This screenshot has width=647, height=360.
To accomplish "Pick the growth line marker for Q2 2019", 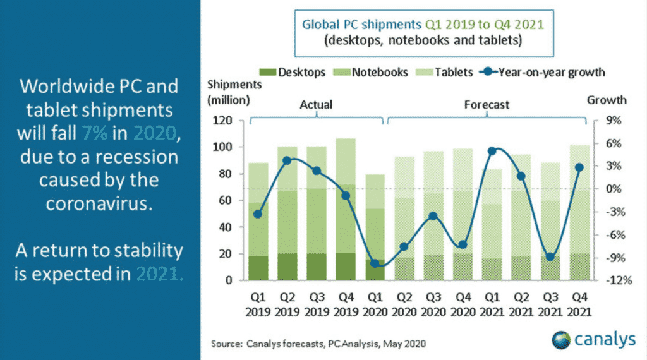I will point(286,160).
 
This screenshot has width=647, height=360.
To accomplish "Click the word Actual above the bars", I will point(317,104).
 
